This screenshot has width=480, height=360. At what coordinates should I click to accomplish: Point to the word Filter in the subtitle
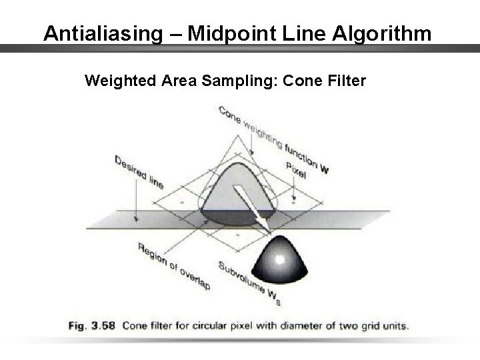click(x=345, y=81)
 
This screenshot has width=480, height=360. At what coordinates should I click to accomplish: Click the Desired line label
click(x=139, y=172)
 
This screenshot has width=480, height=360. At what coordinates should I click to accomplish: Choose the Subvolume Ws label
click(x=253, y=285)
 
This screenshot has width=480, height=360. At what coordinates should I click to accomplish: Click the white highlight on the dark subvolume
click(x=281, y=259)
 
